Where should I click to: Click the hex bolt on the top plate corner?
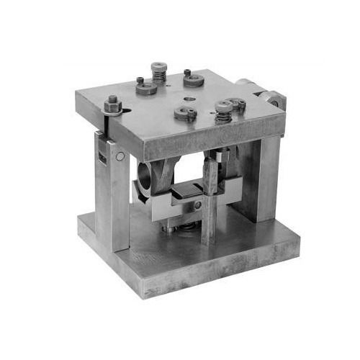pyautogui.click(x=112, y=105)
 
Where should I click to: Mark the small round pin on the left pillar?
pyautogui.click(x=120, y=156)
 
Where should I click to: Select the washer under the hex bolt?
pyautogui.click(x=112, y=112)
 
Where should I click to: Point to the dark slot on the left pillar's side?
pyautogui.click(x=100, y=154)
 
